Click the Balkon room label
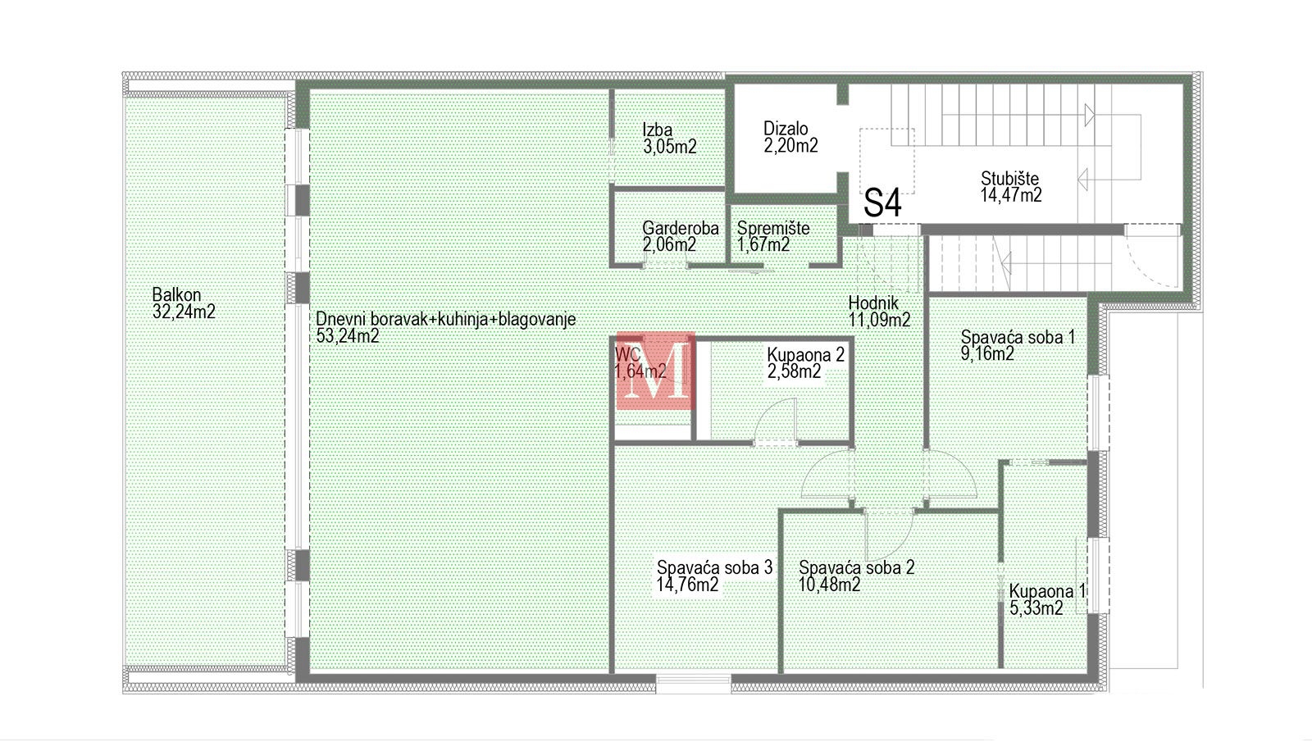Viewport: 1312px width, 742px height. [x=176, y=294]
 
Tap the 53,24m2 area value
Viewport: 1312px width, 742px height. [x=348, y=335]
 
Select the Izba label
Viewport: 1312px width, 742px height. [x=657, y=130]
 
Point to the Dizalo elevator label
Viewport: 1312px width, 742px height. [x=786, y=128]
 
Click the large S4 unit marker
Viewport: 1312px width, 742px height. [x=882, y=203]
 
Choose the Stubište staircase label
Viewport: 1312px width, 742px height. [x=1009, y=178]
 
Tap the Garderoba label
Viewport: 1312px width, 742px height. [x=681, y=228]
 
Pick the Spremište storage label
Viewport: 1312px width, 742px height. [x=773, y=228]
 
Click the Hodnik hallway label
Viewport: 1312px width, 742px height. [x=873, y=303]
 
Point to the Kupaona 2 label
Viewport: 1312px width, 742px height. [x=806, y=354]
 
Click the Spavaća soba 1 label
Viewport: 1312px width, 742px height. [x=1018, y=337]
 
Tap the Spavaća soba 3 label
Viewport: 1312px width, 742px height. [x=714, y=567]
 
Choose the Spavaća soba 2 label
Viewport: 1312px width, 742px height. [x=856, y=567]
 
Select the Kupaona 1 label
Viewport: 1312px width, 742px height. [x=1047, y=591]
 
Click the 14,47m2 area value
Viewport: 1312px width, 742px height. [x=1011, y=195]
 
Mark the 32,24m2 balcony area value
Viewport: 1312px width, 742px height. [x=184, y=311]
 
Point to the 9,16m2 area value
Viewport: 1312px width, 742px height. [x=987, y=353]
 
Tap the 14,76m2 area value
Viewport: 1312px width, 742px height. [x=688, y=585]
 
